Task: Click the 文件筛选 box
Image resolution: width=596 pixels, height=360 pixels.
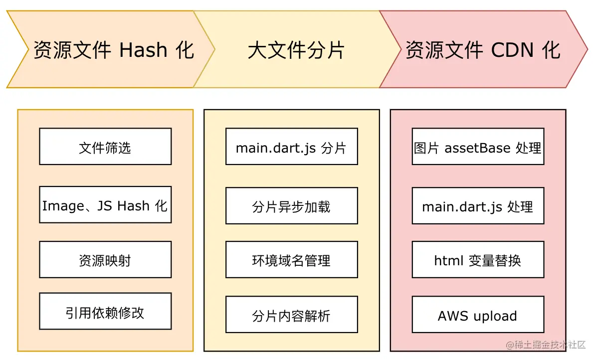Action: coord(105,147)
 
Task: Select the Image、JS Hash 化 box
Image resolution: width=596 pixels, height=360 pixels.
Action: coord(105,205)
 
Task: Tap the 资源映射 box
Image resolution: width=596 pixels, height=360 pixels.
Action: coord(105,260)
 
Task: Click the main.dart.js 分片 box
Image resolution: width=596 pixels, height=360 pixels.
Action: coord(291,147)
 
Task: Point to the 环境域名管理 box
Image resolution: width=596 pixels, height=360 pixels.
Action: coord(291,260)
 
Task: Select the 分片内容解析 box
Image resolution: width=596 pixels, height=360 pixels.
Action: coord(291,315)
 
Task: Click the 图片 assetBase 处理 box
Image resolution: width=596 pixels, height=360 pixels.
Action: coord(478,147)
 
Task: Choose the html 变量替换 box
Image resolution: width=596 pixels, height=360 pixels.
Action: coord(478,260)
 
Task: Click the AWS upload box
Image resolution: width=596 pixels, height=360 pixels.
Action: coord(478,315)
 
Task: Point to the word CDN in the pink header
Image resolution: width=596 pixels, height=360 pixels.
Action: coord(513,50)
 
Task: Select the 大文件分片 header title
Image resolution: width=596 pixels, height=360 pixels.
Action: coord(296,50)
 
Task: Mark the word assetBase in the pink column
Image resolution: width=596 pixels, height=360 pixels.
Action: coord(470,148)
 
